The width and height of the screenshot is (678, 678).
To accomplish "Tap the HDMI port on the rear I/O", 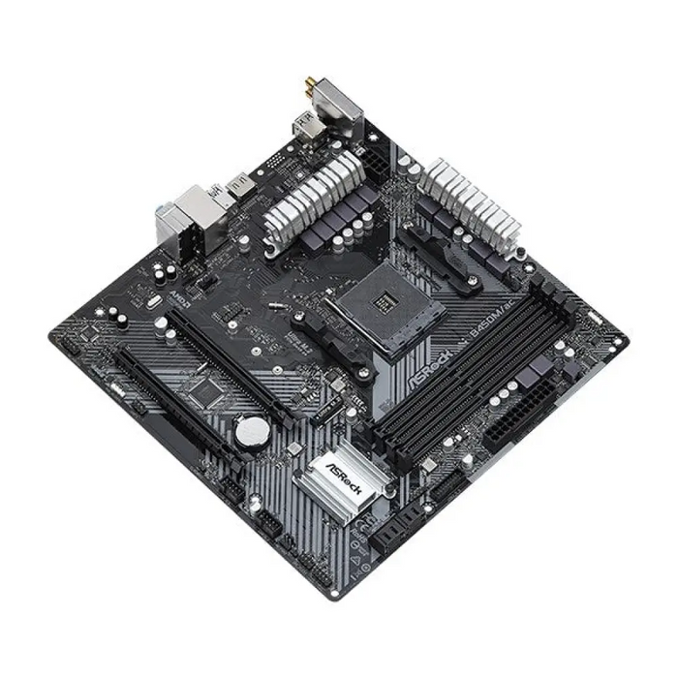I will point(238,184).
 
